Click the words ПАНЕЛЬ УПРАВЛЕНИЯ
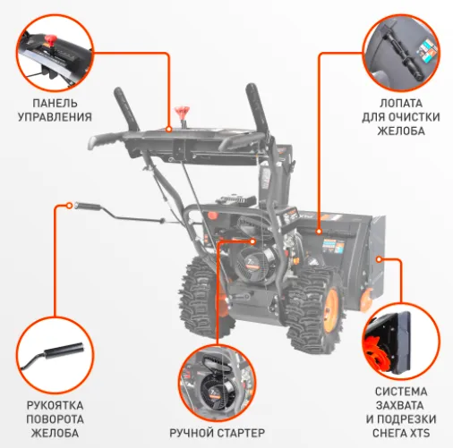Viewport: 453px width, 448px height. (x=55, y=110)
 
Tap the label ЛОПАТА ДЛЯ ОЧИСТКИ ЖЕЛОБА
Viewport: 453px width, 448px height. (x=401, y=117)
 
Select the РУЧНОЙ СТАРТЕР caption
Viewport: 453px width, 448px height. (x=218, y=433)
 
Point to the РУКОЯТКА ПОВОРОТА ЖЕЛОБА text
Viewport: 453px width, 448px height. (x=55, y=419)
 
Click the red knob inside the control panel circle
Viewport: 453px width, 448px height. (x=50, y=40)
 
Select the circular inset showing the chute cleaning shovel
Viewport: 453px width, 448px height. (x=401, y=53)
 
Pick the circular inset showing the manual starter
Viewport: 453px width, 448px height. (x=218, y=383)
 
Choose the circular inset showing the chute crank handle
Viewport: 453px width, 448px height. (x=55, y=355)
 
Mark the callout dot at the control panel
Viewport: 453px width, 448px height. (x=169, y=130)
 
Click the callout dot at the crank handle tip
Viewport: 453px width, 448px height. (x=69, y=206)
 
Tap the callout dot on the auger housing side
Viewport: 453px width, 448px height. (x=379, y=259)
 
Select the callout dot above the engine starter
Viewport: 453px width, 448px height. (x=253, y=241)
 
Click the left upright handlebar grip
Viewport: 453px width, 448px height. (x=126, y=109)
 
